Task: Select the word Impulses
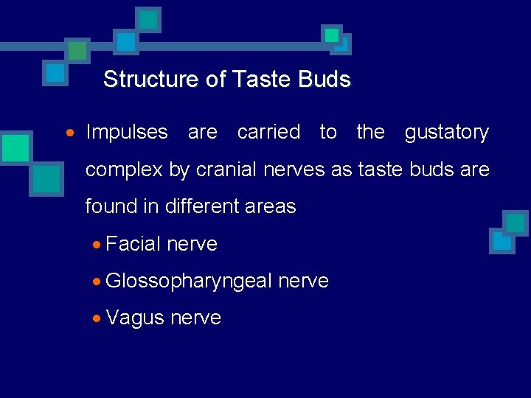(127, 133)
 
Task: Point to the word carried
(268, 133)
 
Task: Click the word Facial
(133, 244)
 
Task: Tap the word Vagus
(135, 318)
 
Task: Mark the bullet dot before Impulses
(70, 133)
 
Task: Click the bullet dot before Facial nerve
(97, 245)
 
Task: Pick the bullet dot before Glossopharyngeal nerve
(97, 282)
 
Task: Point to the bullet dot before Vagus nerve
(97, 318)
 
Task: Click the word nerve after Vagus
(195, 318)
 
